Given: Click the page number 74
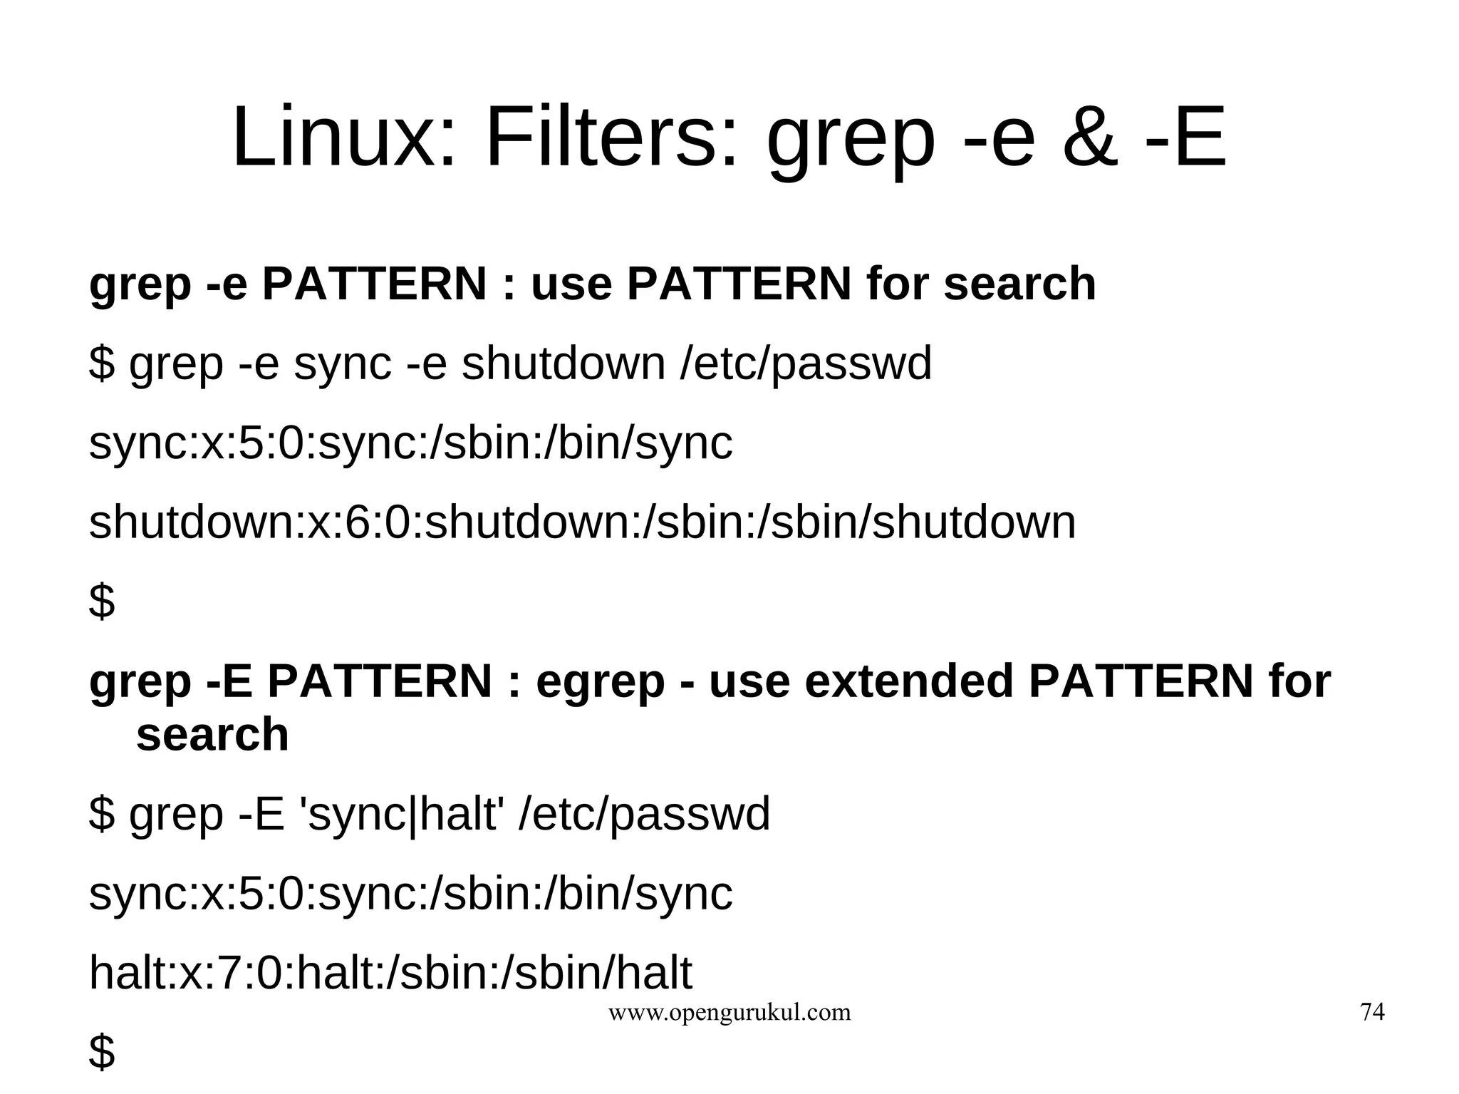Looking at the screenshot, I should point(1372,1012).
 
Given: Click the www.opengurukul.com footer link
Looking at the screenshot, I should point(729,1012).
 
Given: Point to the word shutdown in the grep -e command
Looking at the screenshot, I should point(563,363).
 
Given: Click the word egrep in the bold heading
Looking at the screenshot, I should point(600,683).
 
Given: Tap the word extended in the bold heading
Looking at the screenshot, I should point(909,681).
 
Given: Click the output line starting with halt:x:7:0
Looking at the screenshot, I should point(390,973).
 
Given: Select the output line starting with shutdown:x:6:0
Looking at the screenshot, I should point(582,522).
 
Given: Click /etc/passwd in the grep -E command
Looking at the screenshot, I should point(645,814).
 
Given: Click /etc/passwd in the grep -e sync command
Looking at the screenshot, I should point(806,363).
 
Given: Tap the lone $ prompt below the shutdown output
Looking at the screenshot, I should point(102,601).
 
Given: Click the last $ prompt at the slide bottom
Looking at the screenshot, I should point(102,1051).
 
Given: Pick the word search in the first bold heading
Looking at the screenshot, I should point(1019,284).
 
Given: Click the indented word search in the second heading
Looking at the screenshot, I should point(212,735).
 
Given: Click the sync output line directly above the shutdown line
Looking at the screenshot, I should point(410,443).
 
